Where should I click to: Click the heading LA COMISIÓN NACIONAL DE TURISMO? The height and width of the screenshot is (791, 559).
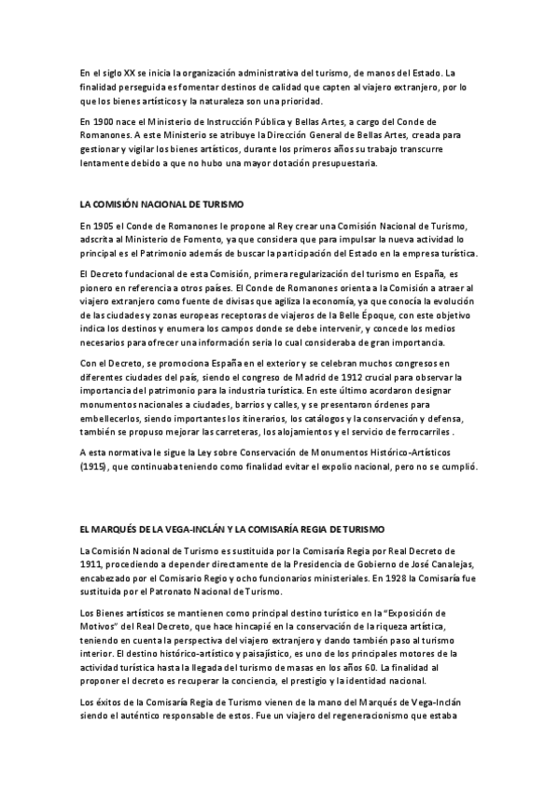coord(162,202)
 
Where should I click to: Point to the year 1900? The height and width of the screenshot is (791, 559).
coord(99,122)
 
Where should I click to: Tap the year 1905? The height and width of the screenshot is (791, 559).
coord(99,227)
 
